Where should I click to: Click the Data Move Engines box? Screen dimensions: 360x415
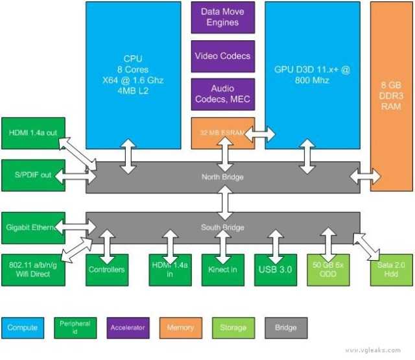219,18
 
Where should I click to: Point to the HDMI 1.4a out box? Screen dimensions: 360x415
33,133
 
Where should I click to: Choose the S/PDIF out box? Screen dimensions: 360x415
33,175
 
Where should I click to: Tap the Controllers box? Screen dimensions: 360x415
106,269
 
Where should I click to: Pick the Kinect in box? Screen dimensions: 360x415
223,269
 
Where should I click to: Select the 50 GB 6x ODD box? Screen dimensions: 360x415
329,269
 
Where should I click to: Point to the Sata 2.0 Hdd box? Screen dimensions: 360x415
391,269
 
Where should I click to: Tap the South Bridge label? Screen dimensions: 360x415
222,227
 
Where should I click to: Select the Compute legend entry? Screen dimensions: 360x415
23,328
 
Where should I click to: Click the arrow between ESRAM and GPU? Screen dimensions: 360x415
259,134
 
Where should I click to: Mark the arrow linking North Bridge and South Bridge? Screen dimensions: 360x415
225,202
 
